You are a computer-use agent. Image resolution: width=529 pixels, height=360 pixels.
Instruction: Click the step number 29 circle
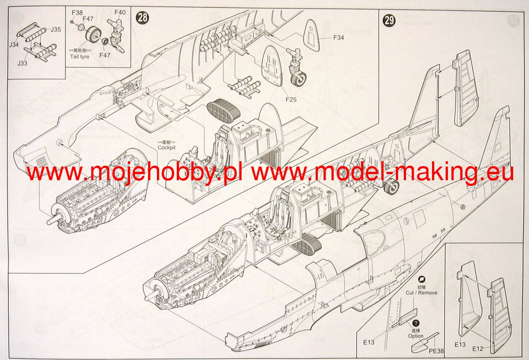389,20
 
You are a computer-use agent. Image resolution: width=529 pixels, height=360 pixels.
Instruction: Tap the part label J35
56,30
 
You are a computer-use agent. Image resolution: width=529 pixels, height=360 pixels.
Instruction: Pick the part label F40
119,12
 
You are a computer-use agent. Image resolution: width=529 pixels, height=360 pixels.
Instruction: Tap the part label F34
338,38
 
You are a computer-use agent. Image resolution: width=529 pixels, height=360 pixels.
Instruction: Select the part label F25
291,100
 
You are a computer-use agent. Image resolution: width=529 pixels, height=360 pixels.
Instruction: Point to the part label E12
478,349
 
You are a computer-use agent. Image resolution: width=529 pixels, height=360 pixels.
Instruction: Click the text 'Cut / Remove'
421,293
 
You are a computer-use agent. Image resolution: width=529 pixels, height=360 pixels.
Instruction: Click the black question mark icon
416,323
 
